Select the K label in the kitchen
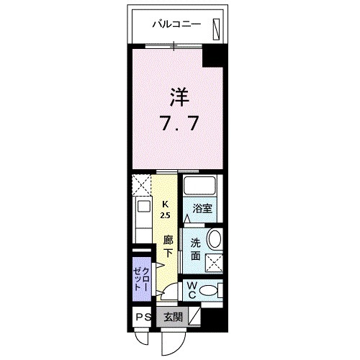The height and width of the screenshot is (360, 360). (x=166, y=203)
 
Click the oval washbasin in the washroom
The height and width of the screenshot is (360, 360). (x=213, y=240)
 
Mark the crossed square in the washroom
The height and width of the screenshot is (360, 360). (x=212, y=261)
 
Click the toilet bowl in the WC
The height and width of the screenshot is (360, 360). (x=209, y=291)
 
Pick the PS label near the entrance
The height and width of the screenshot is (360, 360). (x=140, y=317)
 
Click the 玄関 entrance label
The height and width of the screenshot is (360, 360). (x=172, y=317)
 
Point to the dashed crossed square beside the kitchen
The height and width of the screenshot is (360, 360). (x=141, y=185)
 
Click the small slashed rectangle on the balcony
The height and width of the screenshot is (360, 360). (x=216, y=26)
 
